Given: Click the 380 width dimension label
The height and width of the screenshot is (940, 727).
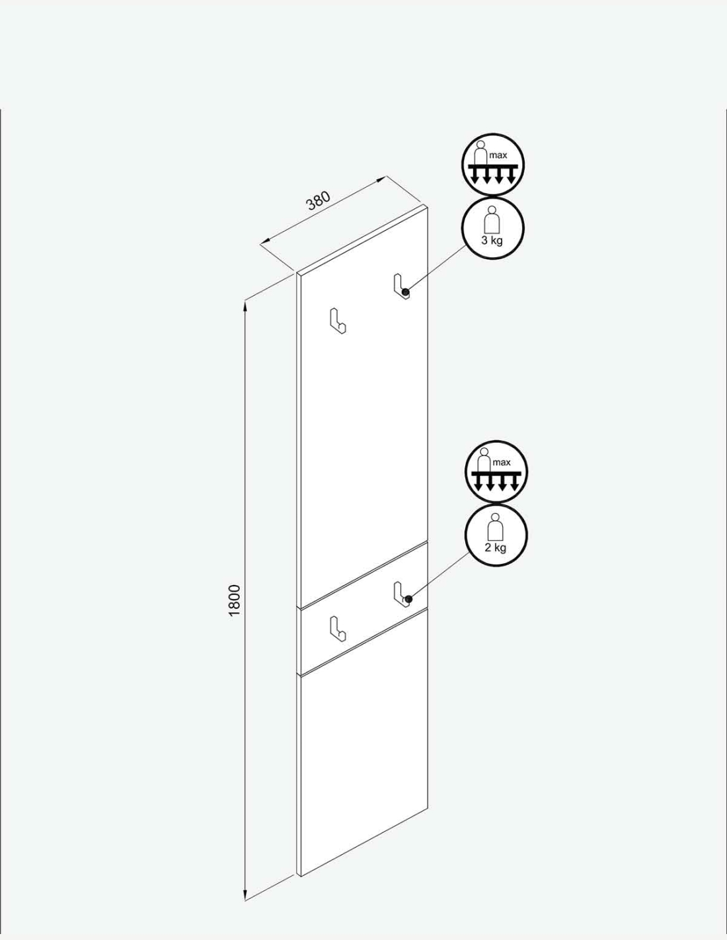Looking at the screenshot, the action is click(x=319, y=200).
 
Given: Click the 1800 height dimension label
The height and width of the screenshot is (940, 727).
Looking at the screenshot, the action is click(x=234, y=600).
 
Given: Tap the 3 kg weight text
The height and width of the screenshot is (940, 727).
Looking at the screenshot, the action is click(x=492, y=241).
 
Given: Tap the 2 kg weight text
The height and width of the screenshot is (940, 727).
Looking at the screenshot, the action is click(x=496, y=547).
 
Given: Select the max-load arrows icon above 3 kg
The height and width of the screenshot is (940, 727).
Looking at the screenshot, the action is click(x=492, y=165).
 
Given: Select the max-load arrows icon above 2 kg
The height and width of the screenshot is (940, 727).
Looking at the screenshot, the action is click(x=496, y=472).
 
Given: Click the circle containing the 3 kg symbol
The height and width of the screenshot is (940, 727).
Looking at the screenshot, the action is click(x=492, y=228).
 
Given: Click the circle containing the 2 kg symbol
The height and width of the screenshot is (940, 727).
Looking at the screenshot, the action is click(x=496, y=535).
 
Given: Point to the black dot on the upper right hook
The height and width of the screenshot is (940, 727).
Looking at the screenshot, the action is click(x=406, y=294).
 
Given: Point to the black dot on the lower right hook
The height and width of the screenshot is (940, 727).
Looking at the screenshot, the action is click(x=408, y=599).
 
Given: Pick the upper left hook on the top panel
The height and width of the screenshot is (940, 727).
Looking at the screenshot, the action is click(x=338, y=321).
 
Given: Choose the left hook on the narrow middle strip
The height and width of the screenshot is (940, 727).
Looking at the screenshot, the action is click(x=338, y=628).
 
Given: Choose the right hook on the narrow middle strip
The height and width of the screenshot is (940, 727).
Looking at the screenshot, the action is click(x=401, y=593).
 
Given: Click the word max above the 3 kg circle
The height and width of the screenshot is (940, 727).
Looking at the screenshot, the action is click(x=498, y=155).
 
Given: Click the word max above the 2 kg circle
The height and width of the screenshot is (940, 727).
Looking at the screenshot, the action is click(x=502, y=462).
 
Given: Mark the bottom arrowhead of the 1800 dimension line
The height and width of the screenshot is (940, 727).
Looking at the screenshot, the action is click(x=245, y=894).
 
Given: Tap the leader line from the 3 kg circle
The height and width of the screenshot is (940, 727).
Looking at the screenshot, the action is click(x=436, y=270).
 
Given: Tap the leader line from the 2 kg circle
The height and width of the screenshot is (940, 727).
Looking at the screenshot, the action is click(x=439, y=575).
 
